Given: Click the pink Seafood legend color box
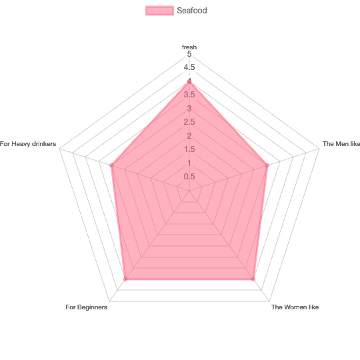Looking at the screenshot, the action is tap(159, 11).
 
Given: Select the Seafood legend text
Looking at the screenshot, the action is tap(192, 11).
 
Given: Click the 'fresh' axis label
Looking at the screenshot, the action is tap(189, 47).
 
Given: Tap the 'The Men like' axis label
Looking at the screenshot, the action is tap(341, 144).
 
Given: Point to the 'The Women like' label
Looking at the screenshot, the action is tap(295, 307).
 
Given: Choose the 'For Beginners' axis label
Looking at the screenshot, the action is tap(86, 307).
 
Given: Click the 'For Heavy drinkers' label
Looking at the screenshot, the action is tap(28, 144).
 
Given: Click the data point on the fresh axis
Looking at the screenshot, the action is tap(189, 81).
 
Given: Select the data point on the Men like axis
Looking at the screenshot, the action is tap(267, 165).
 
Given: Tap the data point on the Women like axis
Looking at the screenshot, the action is tap(253, 279).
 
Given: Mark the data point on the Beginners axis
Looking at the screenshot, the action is tap(125, 279).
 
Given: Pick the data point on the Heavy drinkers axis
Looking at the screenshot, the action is tap(111, 165).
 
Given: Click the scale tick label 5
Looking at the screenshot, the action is tap(189, 54).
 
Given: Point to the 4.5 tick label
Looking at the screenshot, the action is tap(189, 67).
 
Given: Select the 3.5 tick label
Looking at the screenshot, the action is tap(189, 95).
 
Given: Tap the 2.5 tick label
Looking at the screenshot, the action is tap(189, 122).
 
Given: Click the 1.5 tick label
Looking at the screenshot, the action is tap(189, 149).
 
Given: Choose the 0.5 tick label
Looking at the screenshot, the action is tap(189, 177).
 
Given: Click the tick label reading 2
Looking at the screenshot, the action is tap(189, 136).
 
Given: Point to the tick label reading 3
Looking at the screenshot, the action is tap(189, 109).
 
